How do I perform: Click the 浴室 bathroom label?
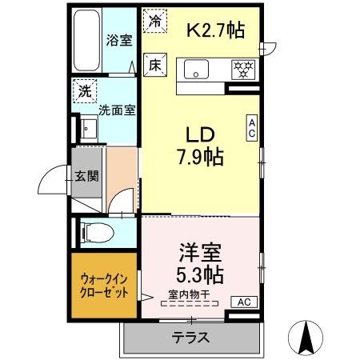119,41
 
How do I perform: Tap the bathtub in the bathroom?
86,40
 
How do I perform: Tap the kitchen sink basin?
196,70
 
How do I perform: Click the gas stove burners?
241,70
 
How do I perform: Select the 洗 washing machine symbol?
84,91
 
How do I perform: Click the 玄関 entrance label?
86,176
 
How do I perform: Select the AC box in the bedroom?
245,302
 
